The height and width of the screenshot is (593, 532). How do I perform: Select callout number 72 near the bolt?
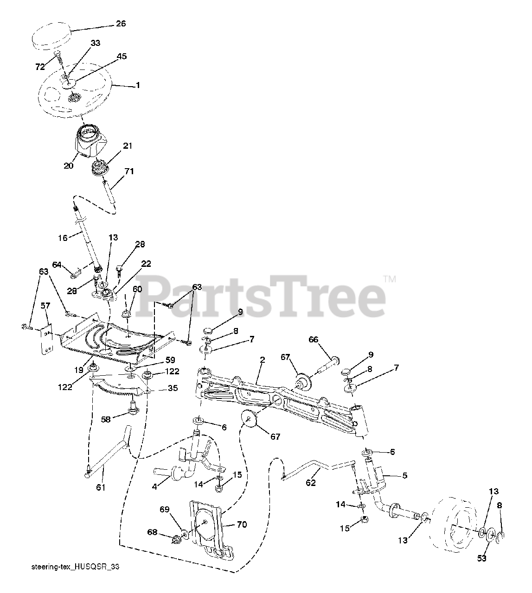[40, 67]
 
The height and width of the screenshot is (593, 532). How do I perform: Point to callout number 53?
[482, 558]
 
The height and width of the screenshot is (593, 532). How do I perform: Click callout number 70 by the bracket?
[242, 524]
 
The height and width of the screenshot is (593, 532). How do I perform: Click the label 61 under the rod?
[101, 487]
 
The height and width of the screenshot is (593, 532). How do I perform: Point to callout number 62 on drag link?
[311, 482]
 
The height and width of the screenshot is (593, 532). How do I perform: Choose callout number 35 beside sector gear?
[173, 388]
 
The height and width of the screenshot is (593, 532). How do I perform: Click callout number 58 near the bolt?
[107, 420]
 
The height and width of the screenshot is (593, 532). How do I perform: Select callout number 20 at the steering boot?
[69, 165]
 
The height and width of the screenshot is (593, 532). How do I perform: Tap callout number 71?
[129, 171]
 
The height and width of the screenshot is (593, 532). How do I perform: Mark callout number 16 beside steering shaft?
[63, 238]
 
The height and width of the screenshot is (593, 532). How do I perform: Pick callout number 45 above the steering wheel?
[122, 56]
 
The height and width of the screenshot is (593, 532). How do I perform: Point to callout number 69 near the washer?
[164, 523]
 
